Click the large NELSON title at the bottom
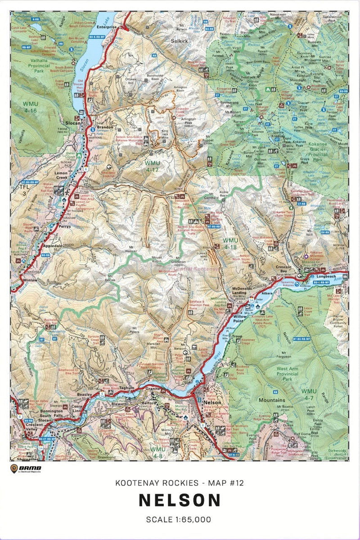[180, 500]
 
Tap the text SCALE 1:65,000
[180, 519]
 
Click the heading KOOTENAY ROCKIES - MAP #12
[180, 483]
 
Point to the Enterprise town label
[107, 27]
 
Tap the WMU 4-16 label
[30, 107]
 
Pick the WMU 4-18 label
[230, 244]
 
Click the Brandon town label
[105, 127]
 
